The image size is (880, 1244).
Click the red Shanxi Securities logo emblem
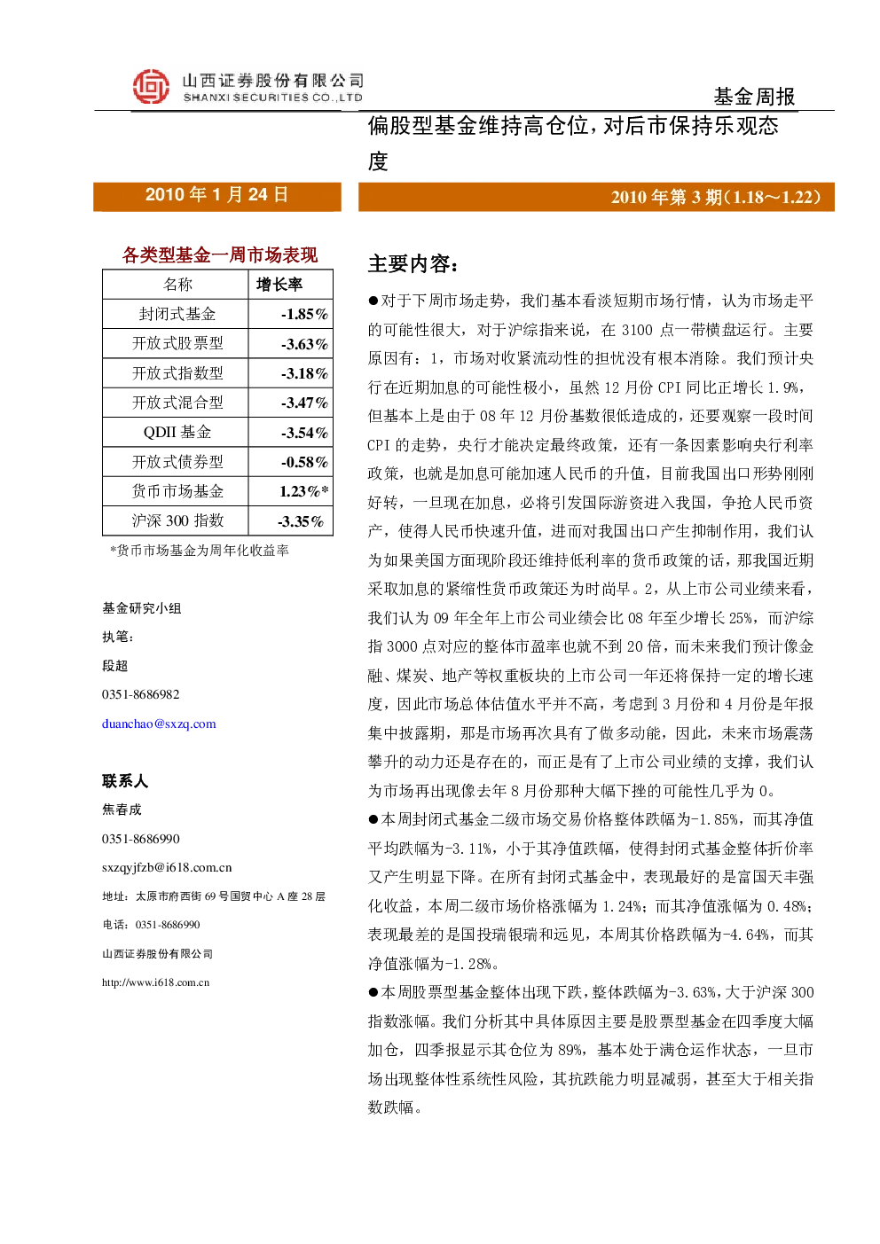coord(151,86)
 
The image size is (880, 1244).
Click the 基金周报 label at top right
coord(754,97)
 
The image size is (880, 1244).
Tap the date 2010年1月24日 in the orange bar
coord(216,194)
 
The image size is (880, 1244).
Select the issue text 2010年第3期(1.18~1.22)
coord(716,197)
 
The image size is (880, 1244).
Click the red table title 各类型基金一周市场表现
coord(219,254)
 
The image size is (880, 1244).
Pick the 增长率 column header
coord(279,285)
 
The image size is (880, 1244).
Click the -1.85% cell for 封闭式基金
coord(304,315)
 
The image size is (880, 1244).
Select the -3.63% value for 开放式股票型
coord(304,344)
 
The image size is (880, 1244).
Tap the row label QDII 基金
coord(177,432)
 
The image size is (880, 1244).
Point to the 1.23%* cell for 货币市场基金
coord(303,491)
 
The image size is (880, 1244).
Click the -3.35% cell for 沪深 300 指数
coord(301,521)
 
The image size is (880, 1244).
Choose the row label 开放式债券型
coord(177,461)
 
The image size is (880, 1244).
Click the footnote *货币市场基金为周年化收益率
coord(200,551)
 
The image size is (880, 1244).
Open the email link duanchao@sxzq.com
coord(159,724)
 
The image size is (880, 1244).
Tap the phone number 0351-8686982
coord(140,694)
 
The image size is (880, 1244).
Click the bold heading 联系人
coord(125,781)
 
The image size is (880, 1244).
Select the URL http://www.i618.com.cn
coord(155,982)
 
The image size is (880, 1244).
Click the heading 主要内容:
coord(412,264)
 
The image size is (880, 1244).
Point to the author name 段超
coord(115,665)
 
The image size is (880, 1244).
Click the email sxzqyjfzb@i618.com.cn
coord(167,867)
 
